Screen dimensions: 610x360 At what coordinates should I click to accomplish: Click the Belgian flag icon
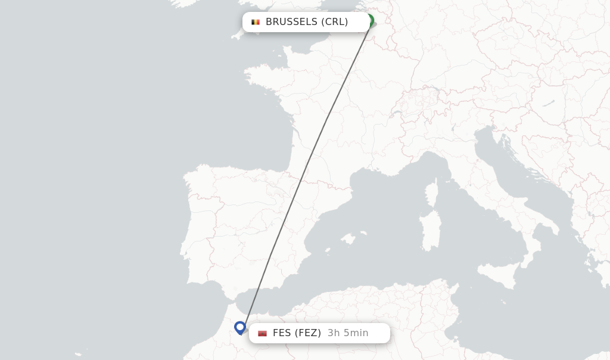pyautogui.click(x=256, y=22)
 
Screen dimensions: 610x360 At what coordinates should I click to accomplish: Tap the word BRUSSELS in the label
pyautogui.click(x=291, y=22)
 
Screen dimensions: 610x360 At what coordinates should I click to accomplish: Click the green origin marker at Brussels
pyautogui.click(x=369, y=21)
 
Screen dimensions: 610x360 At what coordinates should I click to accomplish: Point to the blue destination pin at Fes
pyautogui.click(x=240, y=327)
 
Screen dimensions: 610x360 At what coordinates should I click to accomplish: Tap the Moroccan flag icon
pyautogui.click(x=262, y=333)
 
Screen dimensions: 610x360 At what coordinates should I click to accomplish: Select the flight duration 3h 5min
pyautogui.click(x=348, y=333)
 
